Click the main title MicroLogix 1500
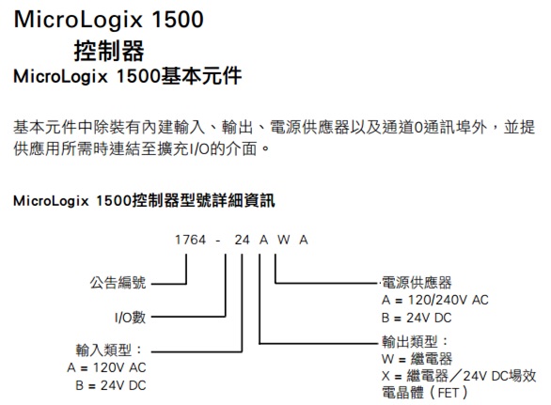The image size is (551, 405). click(108, 20)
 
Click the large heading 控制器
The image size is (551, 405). click(109, 51)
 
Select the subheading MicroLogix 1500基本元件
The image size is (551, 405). click(128, 76)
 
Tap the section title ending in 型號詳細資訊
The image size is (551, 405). click(144, 200)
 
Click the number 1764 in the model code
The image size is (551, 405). click(190, 240)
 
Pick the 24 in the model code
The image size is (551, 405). click(242, 240)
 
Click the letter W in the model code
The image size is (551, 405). click(284, 240)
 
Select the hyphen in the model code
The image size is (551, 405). click(218, 241)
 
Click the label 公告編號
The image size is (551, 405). click(118, 283)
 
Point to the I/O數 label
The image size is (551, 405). click(130, 318)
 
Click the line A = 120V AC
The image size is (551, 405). click(106, 367)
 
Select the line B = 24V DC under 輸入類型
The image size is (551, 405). click(111, 385)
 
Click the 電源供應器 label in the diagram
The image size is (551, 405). click(417, 283)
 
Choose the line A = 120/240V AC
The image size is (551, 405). click(435, 300)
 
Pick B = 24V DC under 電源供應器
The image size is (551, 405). click(417, 318)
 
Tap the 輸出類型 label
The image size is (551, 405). click(415, 341)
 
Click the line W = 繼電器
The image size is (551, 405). click(417, 359)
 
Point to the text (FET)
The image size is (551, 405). click(448, 393)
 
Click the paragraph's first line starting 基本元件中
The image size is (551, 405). click(275, 127)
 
